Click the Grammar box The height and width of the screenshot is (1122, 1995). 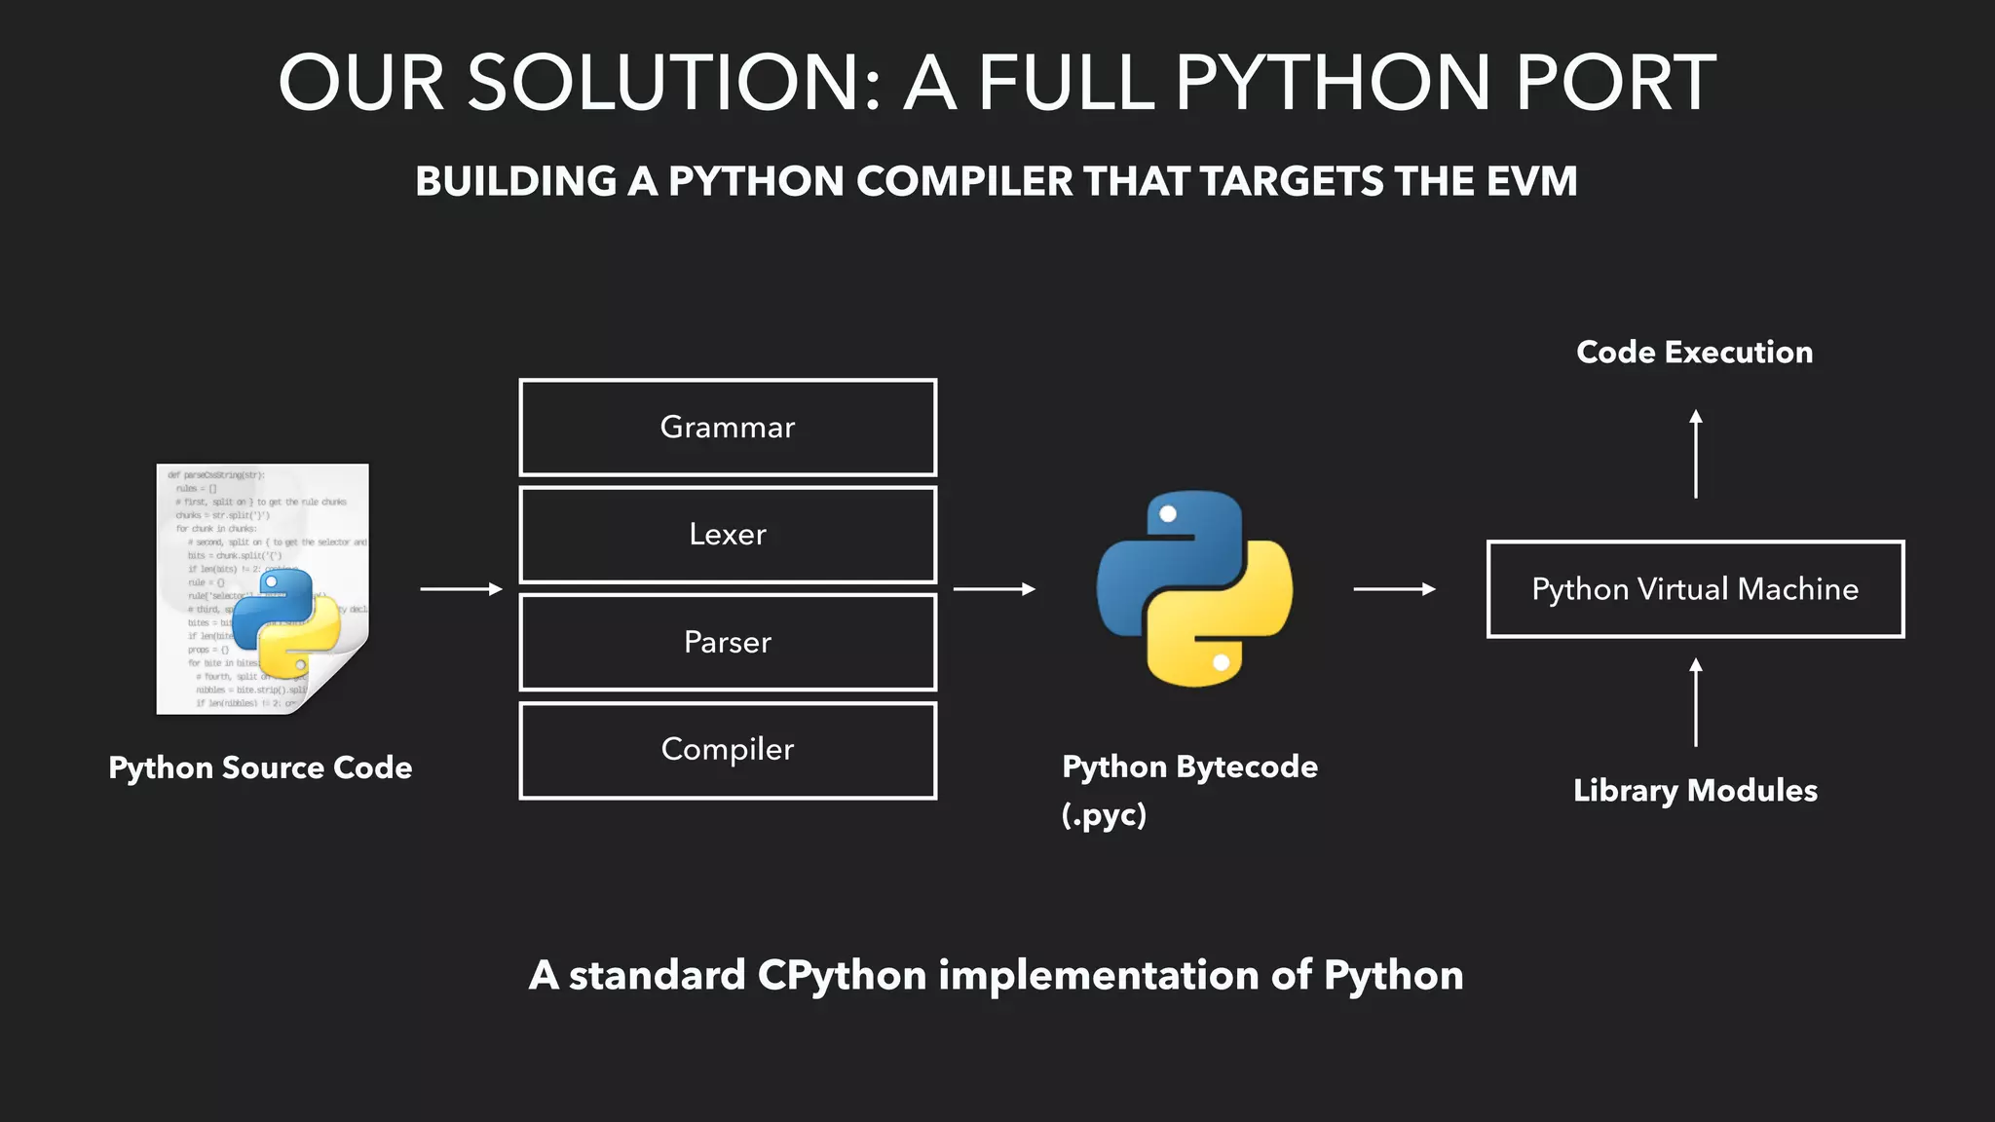pyautogui.click(x=728, y=428)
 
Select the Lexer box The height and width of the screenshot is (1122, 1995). pyautogui.click(x=728, y=535)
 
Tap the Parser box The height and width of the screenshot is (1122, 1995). pyautogui.click(x=728, y=642)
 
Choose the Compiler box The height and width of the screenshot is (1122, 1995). pyautogui.click(x=728, y=750)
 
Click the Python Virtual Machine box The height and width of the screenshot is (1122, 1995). pyautogui.click(x=1695, y=589)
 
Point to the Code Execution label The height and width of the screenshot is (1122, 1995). pyautogui.click(x=1695, y=352)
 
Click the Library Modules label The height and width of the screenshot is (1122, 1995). pyautogui.click(x=1695, y=790)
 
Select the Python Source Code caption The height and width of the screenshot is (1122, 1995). pyautogui.click(x=260, y=767)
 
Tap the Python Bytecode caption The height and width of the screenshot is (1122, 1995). pyautogui.click(x=1189, y=767)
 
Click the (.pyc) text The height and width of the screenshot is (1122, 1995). pyautogui.click(x=1104, y=814)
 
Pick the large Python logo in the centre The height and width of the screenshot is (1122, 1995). pyautogui.click(x=1194, y=588)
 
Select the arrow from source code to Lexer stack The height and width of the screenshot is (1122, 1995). pyautogui.click(x=461, y=589)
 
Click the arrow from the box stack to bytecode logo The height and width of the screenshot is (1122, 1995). pyautogui.click(x=994, y=589)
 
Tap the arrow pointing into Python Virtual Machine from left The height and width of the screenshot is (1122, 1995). pyautogui.click(x=1394, y=589)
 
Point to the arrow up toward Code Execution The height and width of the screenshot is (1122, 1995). pyautogui.click(x=1696, y=454)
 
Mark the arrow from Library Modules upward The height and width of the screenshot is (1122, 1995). pyautogui.click(x=1696, y=702)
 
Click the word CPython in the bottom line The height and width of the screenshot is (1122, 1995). pyautogui.click(x=842, y=975)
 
